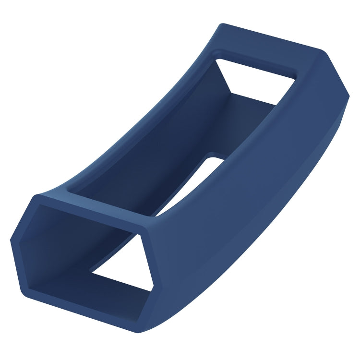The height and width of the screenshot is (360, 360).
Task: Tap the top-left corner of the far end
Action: pos(222,24)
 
